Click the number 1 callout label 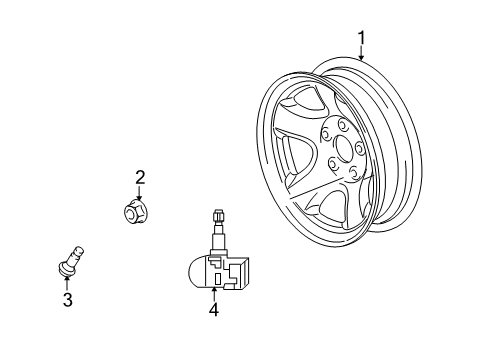pyautogui.click(x=362, y=37)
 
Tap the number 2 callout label pyautogui.click(x=140, y=178)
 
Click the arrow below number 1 pyautogui.click(x=362, y=54)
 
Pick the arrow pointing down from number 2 pyautogui.click(x=138, y=192)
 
